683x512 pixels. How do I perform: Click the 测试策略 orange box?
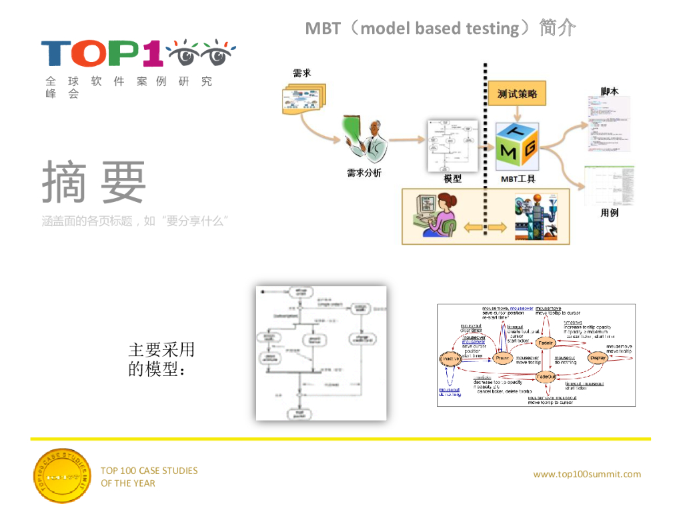517,94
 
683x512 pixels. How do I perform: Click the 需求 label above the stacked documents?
302,73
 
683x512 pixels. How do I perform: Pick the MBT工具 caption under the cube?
518,179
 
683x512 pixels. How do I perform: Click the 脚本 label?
609,91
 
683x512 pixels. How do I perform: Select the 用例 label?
609,213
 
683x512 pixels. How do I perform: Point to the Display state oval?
597,359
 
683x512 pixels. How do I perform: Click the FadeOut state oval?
546,376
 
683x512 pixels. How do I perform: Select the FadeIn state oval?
546,343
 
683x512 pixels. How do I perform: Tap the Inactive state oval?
451,359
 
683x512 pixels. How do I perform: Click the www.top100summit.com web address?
587,474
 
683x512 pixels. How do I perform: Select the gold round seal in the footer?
61,476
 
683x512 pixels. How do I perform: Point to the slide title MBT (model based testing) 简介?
440,28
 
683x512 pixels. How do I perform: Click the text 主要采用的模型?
161,359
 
